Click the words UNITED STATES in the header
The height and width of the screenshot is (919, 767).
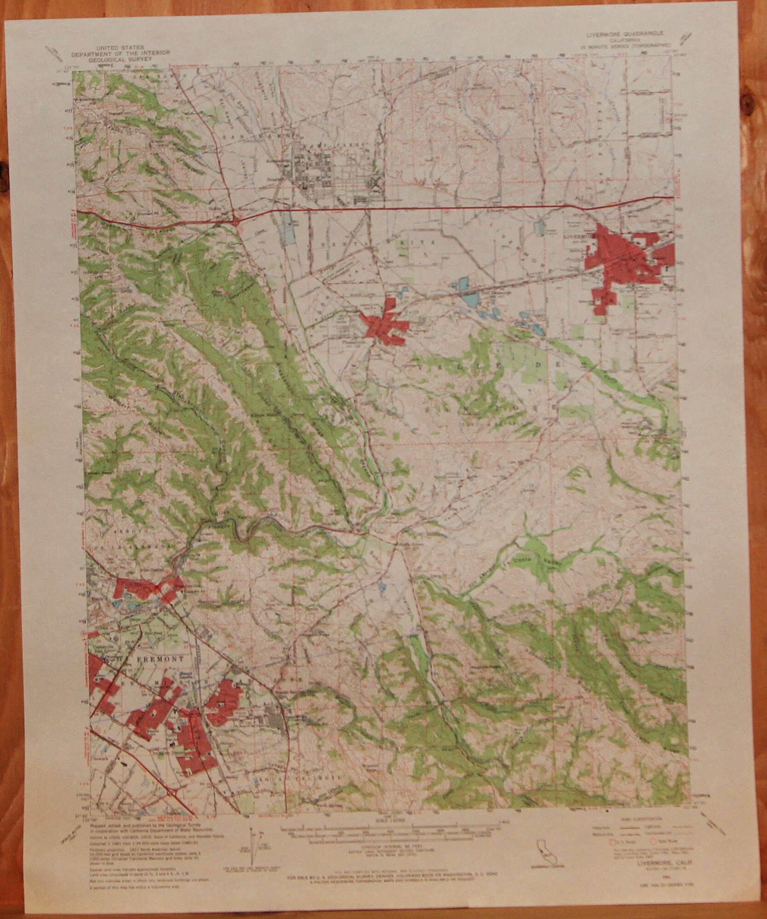(119, 47)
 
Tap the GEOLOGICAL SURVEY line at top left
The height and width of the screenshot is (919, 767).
(119, 59)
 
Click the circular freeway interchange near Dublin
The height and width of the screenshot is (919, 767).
(236, 221)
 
